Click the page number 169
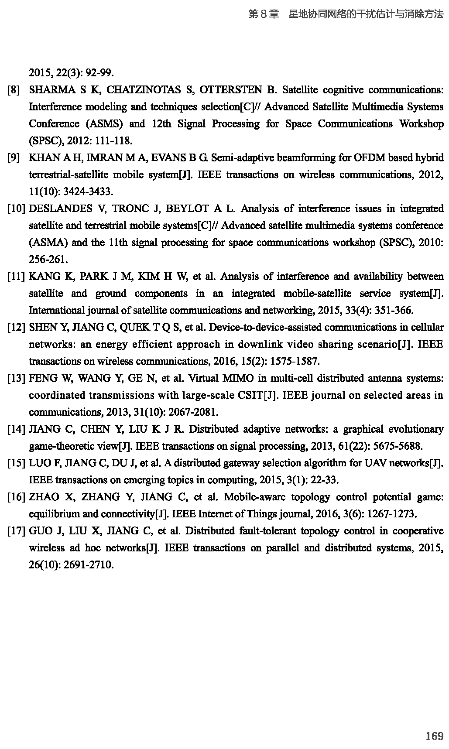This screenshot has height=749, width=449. [x=434, y=736]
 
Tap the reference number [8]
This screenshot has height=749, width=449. [x=14, y=90]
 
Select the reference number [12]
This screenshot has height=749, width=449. [x=17, y=328]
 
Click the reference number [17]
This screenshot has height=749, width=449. [x=17, y=531]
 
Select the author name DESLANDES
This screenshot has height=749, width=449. [x=61, y=209]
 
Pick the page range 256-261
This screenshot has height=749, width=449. [x=48, y=260]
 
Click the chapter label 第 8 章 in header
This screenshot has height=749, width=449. [x=264, y=14]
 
